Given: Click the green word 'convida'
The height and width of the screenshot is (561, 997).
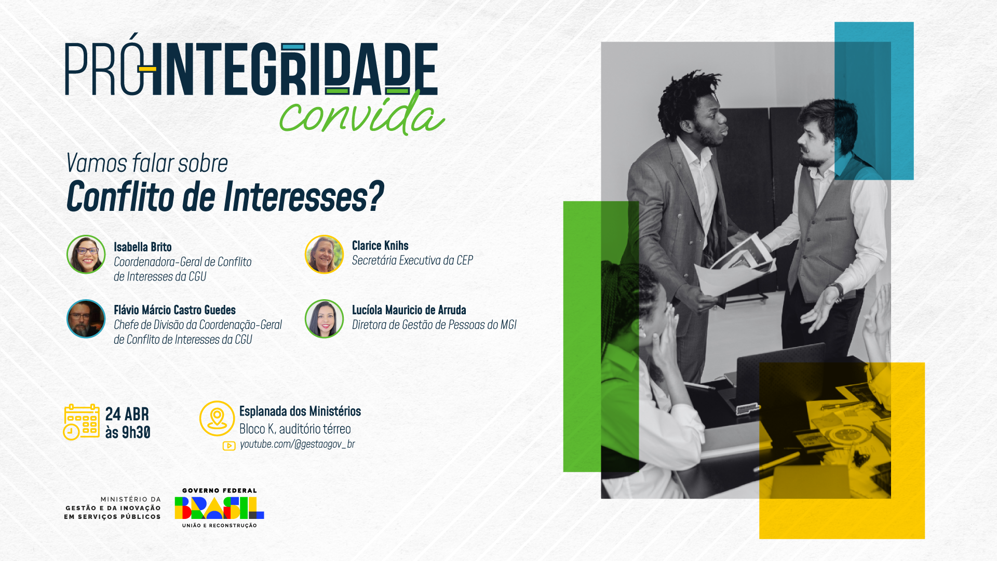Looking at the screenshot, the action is pos(362,114).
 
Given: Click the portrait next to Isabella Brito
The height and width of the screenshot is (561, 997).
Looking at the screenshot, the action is pos(86,254).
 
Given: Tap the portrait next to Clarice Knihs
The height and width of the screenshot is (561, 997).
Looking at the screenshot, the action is pos(324,254).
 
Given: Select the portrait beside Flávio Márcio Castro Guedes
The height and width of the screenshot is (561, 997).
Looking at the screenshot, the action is pos(86,318).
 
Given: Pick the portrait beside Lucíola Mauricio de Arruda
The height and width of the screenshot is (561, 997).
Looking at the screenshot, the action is pos(324,318).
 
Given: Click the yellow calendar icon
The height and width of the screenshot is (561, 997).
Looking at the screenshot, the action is pos(82,422).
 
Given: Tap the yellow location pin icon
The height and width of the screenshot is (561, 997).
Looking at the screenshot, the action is pos(217,418).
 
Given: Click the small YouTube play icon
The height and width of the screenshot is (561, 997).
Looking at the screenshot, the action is pos(228,446).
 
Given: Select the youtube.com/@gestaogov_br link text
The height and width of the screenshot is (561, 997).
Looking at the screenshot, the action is pos(297,444).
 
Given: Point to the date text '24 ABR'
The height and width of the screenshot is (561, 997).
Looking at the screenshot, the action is pos(127,414).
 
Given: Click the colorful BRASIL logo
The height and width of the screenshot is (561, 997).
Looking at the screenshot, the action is pos(219,508).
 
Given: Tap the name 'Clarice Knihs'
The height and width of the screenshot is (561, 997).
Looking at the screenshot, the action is pos(380,245).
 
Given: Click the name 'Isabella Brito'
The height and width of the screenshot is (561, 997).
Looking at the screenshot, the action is pos(143,247).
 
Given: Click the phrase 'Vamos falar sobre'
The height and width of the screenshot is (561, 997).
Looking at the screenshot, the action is pos(147,163).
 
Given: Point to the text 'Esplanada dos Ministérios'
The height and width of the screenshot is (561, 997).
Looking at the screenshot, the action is pos(300,411).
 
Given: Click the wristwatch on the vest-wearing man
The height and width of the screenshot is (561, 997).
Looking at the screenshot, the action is pos(837,292).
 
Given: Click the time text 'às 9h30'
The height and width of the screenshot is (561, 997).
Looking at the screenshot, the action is pos(128,432).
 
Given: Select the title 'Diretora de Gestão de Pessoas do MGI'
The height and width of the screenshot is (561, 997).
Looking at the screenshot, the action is pos(434,325).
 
